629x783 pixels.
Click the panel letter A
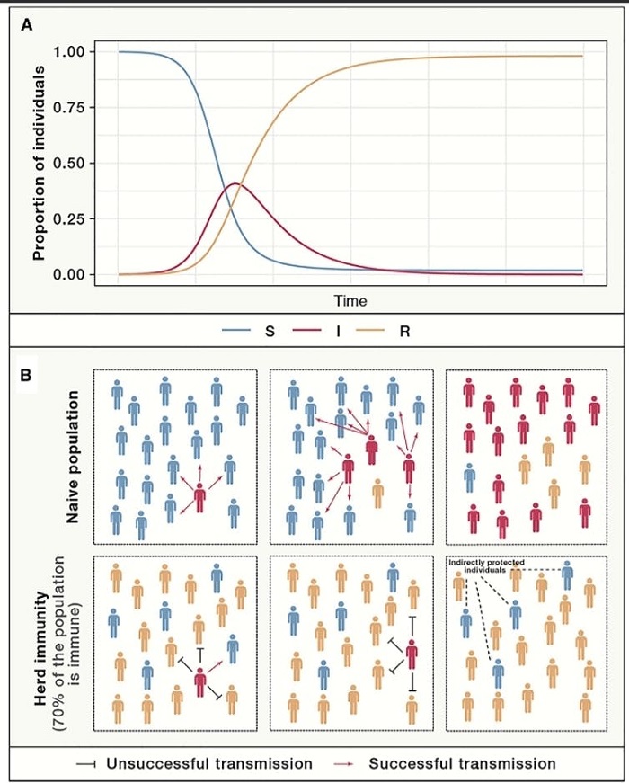[x=28, y=25]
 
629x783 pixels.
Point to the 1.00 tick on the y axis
[x=68, y=51]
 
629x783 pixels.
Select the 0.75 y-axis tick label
[x=68, y=107]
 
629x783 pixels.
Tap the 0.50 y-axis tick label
[x=68, y=163]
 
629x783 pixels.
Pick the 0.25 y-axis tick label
[x=68, y=218]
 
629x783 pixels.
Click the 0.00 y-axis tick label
[x=68, y=274]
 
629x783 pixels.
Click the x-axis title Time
[x=350, y=301]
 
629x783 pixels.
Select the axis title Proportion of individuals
[x=40, y=163]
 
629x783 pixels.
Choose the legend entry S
[x=270, y=331]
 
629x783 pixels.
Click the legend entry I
[x=337, y=331]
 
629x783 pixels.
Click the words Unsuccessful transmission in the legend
[x=209, y=763]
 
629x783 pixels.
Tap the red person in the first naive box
[x=200, y=497]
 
